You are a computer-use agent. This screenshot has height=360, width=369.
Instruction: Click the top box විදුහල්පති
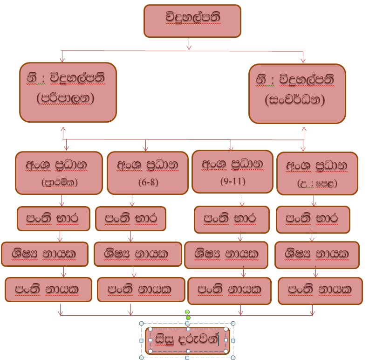(192, 21)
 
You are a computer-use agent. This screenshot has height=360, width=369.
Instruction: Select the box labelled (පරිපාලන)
(68, 92)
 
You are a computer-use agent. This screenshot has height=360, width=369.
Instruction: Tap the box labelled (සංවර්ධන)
(297, 94)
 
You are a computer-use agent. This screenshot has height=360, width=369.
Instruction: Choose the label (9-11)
(232, 181)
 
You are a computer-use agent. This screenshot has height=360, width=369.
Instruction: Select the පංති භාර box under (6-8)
(130, 218)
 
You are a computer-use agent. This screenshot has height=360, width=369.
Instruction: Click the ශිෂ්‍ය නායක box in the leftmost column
(44, 254)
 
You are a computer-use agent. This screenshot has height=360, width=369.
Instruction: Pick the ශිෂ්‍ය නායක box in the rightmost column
(316, 255)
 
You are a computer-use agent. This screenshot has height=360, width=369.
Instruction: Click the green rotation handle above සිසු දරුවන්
(187, 312)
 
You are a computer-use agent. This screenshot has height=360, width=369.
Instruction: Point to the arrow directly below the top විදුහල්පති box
(189, 43)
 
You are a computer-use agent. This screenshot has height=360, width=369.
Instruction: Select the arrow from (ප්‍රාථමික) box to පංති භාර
(62, 201)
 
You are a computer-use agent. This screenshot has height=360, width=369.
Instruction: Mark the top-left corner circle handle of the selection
(150, 329)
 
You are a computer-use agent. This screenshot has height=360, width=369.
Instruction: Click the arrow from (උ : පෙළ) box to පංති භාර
(314, 201)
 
